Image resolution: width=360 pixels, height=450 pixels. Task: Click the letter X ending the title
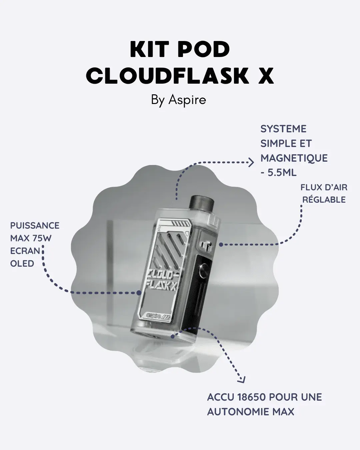(x=266, y=76)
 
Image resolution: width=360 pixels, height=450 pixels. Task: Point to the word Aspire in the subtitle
(x=187, y=100)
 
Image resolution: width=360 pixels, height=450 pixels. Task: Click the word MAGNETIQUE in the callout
(x=294, y=158)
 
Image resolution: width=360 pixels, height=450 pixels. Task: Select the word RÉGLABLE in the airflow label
(x=324, y=200)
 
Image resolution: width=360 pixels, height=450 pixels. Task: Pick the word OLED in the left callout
(x=22, y=263)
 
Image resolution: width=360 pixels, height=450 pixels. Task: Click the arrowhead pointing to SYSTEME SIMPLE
(x=251, y=163)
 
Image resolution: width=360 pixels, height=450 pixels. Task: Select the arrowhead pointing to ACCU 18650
(x=241, y=380)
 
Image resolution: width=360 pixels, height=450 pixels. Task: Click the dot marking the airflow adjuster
(x=221, y=245)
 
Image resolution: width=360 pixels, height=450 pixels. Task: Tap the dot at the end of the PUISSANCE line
(x=139, y=293)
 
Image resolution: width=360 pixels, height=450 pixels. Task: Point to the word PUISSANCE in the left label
(x=35, y=226)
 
